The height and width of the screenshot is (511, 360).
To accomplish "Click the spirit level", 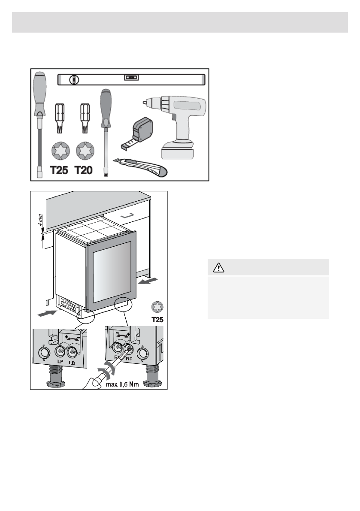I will coord(132,79).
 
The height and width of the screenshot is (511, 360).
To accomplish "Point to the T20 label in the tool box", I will coord(84,170).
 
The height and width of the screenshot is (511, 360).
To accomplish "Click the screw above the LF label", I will coord(60,352).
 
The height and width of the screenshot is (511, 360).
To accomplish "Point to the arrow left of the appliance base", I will coord(46,314).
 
